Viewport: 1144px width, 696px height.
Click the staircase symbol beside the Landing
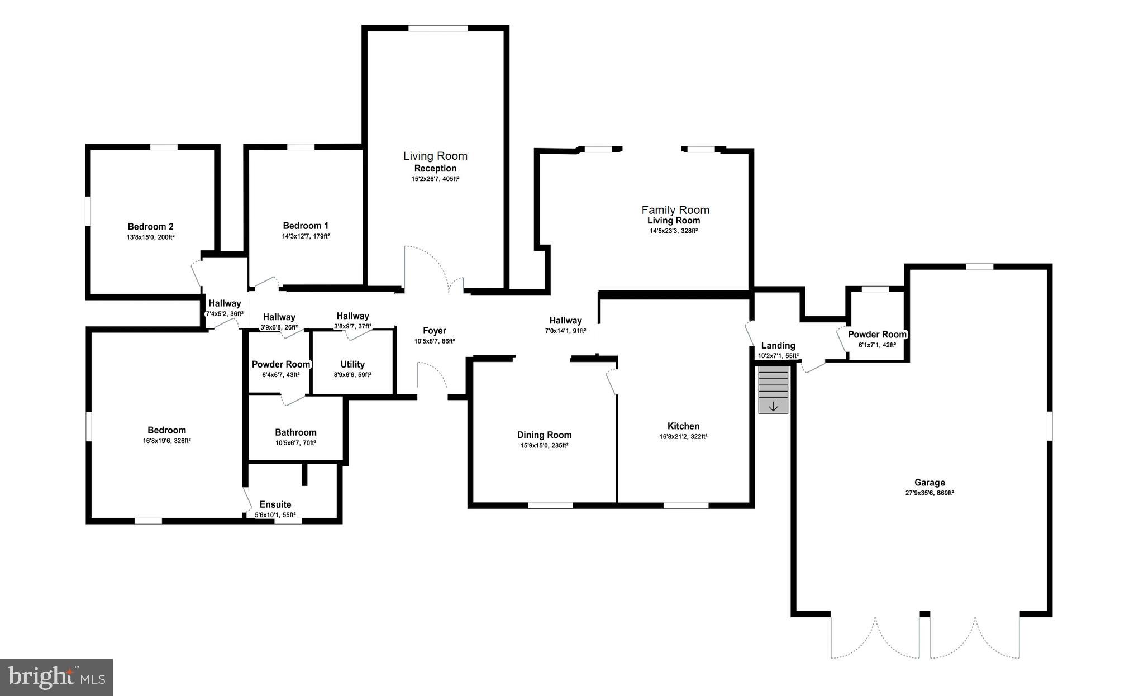tap(773, 389)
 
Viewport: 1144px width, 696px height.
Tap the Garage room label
tap(929, 483)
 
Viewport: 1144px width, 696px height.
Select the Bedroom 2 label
tap(150, 226)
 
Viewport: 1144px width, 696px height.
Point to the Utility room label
tap(352, 364)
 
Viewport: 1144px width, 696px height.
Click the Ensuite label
tap(275, 504)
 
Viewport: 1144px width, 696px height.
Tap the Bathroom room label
tap(295, 432)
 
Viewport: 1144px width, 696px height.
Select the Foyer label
tap(434, 331)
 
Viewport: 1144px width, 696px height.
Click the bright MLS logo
tap(56, 677)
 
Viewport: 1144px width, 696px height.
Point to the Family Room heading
tap(675, 210)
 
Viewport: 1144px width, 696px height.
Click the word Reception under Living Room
tap(435, 168)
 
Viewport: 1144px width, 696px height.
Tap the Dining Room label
tap(544, 435)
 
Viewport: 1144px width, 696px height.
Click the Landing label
tap(778, 345)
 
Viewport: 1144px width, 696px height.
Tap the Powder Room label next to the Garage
tap(877, 335)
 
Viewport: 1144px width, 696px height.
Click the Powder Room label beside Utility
tap(280, 364)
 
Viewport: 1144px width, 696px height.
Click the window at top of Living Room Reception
tap(438, 28)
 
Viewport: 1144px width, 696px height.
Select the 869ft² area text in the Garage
tap(945, 493)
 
